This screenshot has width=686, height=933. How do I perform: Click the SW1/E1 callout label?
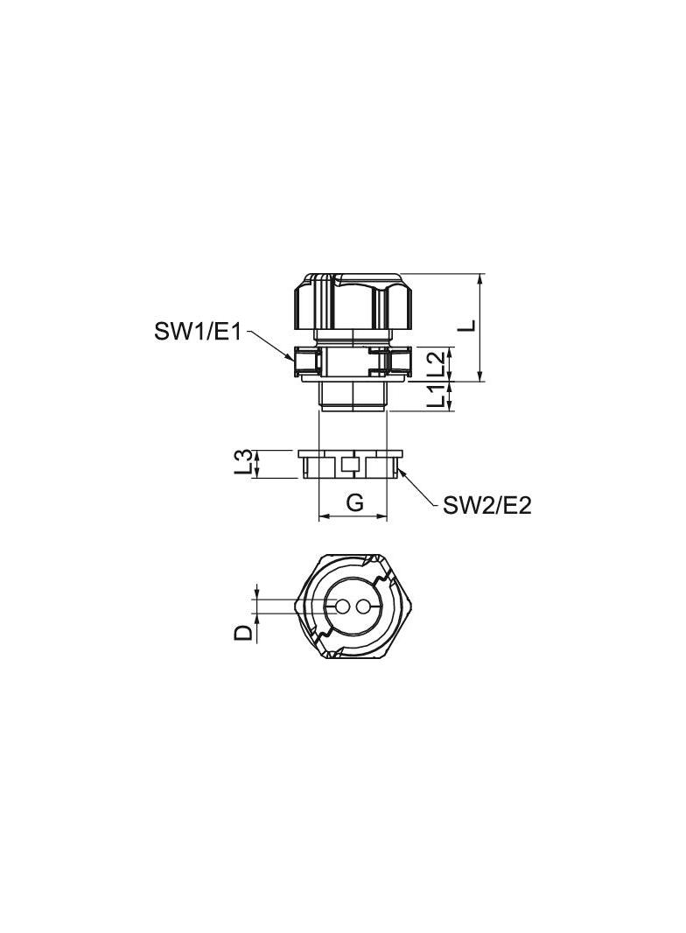[x=198, y=332]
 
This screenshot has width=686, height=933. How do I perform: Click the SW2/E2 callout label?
[x=486, y=506]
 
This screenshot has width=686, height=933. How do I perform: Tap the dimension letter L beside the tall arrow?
[x=470, y=325]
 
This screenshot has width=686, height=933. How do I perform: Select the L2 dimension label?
[x=437, y=362]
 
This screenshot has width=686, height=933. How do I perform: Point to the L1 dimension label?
[x=437, y=396]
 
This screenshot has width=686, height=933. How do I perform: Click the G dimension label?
[x=354, y=503]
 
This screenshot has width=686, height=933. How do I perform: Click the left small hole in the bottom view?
[x=343, y=607]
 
